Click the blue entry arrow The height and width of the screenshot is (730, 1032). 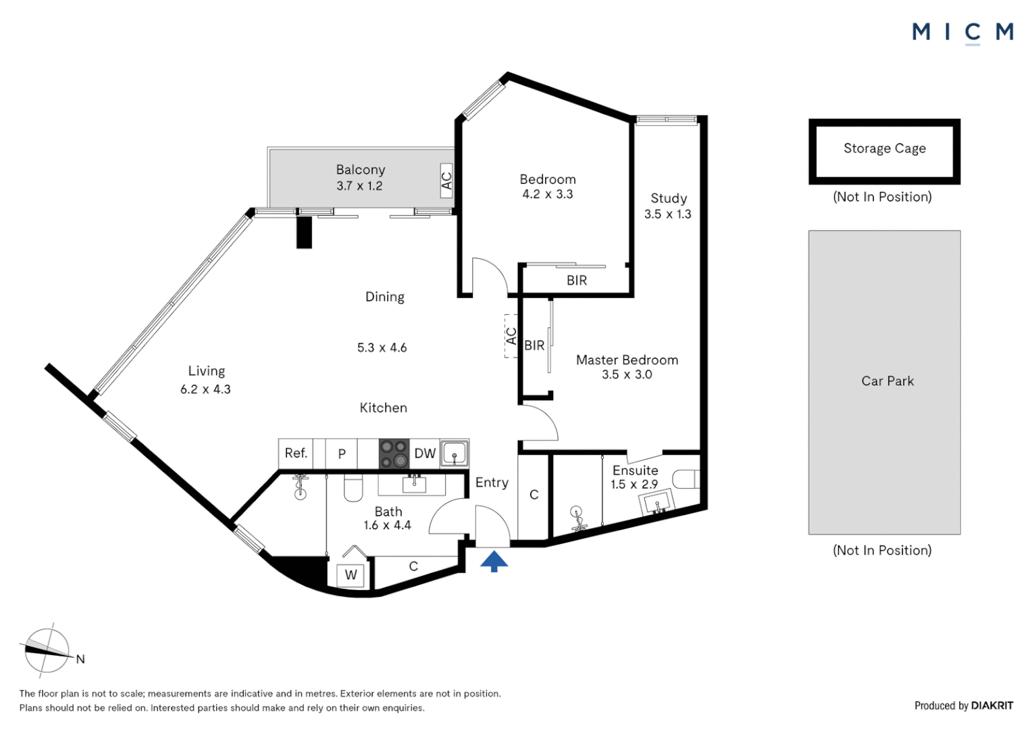click(x=494, y=561)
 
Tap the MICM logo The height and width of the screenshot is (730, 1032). click(x=962, y=34)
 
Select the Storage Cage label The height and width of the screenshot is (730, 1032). click(x=885, y=148)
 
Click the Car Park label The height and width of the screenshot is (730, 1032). click(x=887, y=381)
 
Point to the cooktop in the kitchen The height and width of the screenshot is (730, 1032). click(x=394, y=454)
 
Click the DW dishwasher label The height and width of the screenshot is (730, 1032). click(x=425, y=454)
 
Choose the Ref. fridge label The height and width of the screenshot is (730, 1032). click(x=296, y=453)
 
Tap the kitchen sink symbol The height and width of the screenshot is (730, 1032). click(x=455, y=454)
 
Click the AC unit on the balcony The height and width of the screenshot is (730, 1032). click(x=446, y=180)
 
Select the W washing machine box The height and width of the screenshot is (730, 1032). click(x=351, y=575)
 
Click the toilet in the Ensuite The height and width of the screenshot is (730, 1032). click(x=686, y=479)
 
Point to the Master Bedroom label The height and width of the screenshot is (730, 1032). click(x=627, y=360)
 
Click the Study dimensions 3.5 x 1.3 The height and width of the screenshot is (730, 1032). click(x=667, y=214)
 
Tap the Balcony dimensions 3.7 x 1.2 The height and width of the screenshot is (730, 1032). click(x=359, y=186)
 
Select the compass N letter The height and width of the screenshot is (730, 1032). click(x=80, y=660)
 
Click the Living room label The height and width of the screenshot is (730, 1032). click(x=207, y=371)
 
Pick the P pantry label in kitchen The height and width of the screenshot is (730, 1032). click(x=342, y=454)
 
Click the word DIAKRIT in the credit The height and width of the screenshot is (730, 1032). click(x=992, y=706)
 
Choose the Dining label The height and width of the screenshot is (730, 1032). click(x=385, y=297)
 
